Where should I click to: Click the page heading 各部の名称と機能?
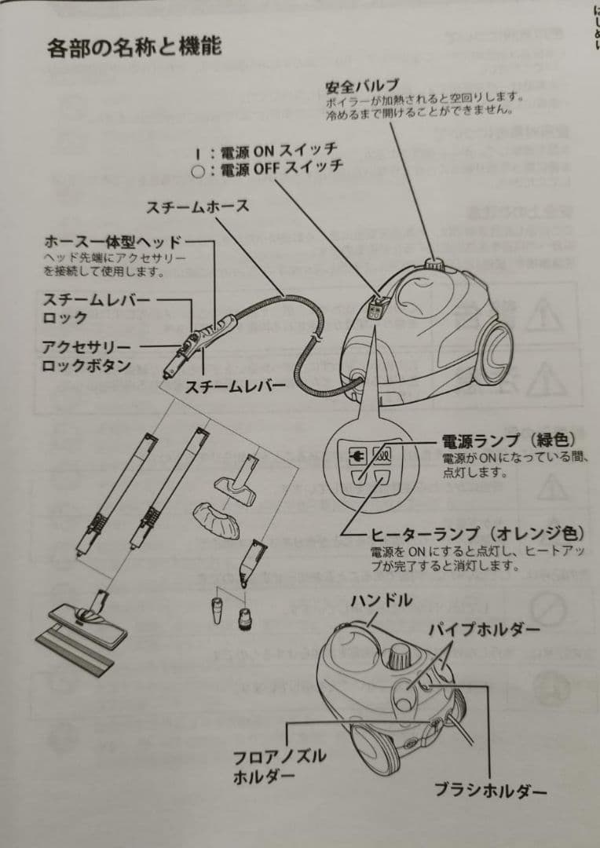click(x=134, y=46)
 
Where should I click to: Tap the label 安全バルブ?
click(x=362, y=85)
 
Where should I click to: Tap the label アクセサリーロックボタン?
click(x=86, y=356)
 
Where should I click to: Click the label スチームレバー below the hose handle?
click(x=235, y=386)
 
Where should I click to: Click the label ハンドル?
click(x=380, y=601)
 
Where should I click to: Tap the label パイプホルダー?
click(x=484, y=630)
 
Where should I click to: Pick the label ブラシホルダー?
click(x=490, y=790)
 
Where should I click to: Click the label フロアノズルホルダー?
click(x=279, y=766)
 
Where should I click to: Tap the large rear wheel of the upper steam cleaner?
click(x=494, y=353)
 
